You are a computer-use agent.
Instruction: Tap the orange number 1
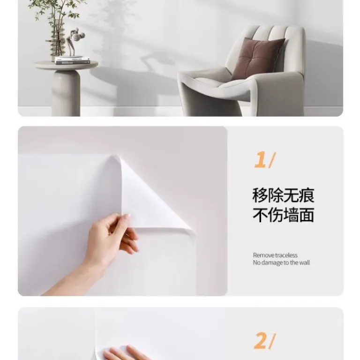pyautogui.click(x=260, y=159)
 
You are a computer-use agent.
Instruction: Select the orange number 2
pyautogui.click(x=260, y=340)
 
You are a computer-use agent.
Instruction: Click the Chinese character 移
pyautogui.click(x=260, y=195)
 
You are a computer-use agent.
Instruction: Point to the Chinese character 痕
pyautogui.click(x=307, y=195)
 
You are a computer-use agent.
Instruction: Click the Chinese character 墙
pyautogui.click(x=291, y=215)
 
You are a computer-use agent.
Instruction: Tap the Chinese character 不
pyautogui.click(x=260, y=215)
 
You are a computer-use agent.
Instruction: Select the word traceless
pyautogui.click(x=286, y=255)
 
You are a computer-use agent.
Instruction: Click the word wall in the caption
pyautogui.click(x=304, y=262)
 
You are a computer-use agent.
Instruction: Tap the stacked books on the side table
pyautogui.click(x=72, y=60)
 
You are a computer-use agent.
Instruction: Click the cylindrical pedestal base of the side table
pyautogui.click(x=66, y=93)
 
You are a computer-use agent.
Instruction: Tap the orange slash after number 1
pyautogui.click(x=272, y=160)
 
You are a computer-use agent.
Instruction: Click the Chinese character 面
pyautogui.click(x=307, y=215)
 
